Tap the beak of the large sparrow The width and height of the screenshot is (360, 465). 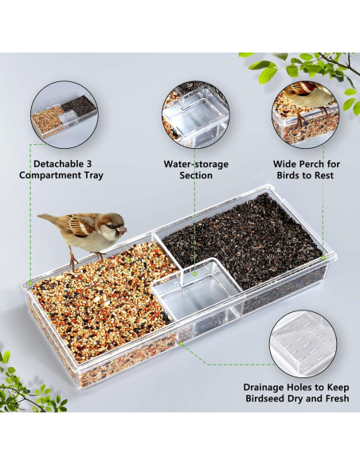coord(123,229)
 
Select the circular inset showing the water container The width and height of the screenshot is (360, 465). coord(195,111)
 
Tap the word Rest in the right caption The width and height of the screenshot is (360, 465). coord(323,175)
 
